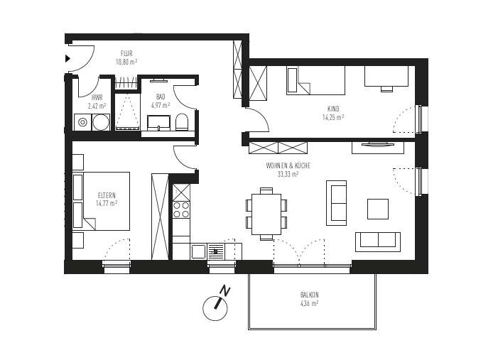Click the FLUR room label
(x=126, y=53)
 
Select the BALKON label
(x=309, y=295)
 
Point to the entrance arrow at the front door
(x=68, y=58)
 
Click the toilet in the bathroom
(x=183, y=121)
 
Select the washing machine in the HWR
(x=83, y=123)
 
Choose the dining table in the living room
(x=266, y=213)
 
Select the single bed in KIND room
(x=315, y=80)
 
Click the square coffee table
(x=378, y=209)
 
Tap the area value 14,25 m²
(x=332, y=117)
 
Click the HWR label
(x=97, y=98)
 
